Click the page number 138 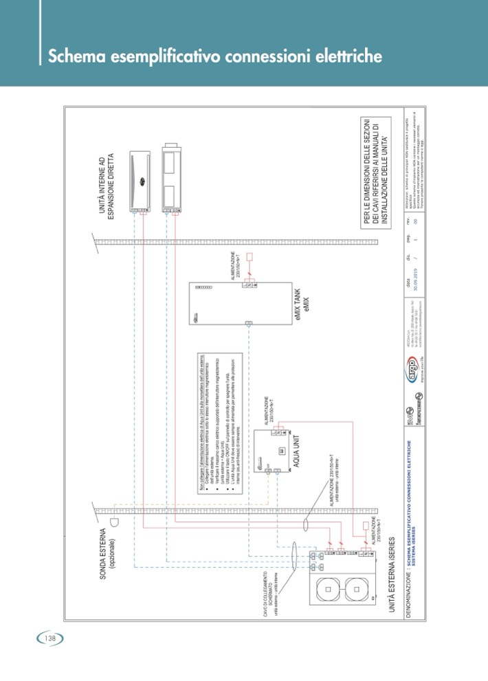pyautogui.click(x=49, y=638)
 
